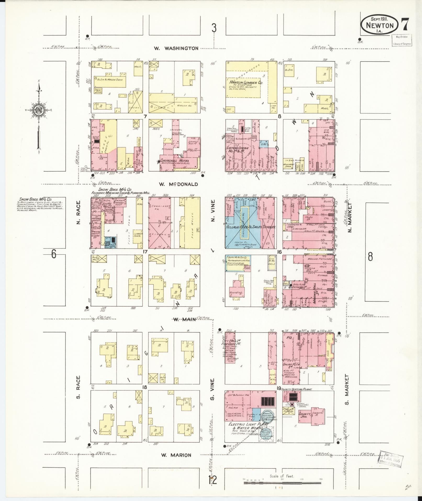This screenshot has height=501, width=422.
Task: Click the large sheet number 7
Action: click(x=405, y=25)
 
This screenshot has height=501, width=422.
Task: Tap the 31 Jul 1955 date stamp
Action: click(x=391, y=459)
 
